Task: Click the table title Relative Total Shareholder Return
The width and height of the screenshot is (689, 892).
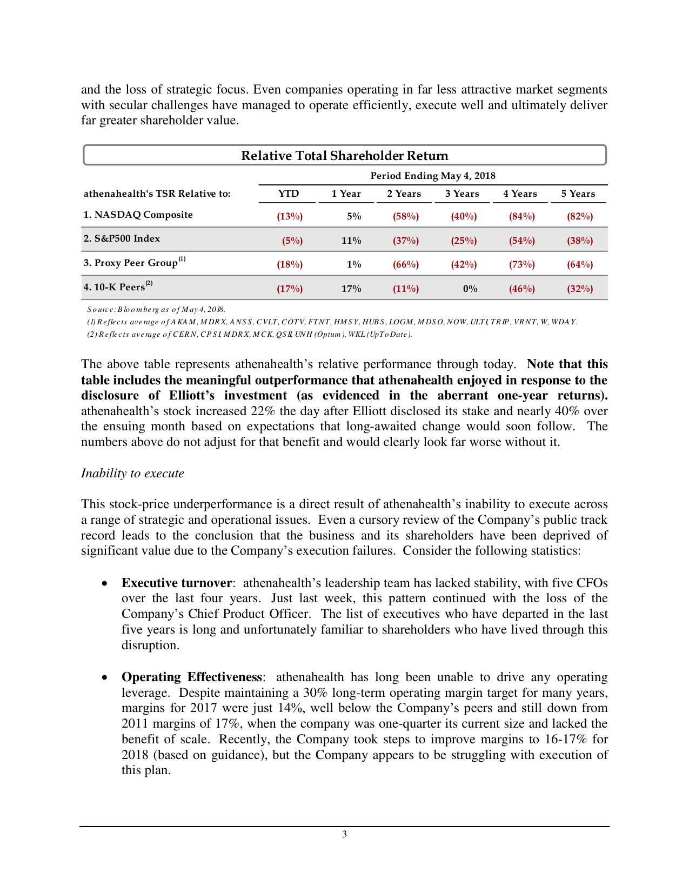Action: [x=344, y=156]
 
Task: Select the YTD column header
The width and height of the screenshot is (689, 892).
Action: [x=288, y=194]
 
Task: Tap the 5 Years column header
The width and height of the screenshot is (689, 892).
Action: [x=578, y=194]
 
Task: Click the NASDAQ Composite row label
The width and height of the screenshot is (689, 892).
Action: [x=138, y=215]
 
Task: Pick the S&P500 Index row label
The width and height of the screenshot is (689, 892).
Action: [x=122, y=238]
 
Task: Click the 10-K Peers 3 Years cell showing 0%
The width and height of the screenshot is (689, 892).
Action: [x=470, y=289]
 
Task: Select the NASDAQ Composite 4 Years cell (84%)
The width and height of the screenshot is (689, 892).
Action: [x=521, y=216]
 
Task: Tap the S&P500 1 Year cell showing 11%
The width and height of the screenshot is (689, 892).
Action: [x=351, y=241]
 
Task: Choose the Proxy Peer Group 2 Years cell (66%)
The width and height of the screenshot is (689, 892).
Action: [x=405, y=264]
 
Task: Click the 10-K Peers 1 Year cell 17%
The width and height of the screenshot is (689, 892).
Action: [x=351, y=289]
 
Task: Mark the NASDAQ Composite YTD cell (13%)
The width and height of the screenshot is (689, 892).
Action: [x=290, y=216]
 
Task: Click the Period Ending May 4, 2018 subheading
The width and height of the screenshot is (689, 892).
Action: [x=432, y=176]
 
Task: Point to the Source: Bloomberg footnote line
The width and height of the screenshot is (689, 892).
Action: [x=156, y=309]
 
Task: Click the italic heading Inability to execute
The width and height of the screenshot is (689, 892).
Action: [x=132, y=473]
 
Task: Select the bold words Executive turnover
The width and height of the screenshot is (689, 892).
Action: [x=177, y=583]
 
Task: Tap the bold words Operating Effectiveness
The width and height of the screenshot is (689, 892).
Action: [x=192, y=677]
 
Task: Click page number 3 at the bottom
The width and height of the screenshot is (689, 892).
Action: [x=344, y=834]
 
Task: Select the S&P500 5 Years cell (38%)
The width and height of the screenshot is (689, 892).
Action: [x=579, y=241]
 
